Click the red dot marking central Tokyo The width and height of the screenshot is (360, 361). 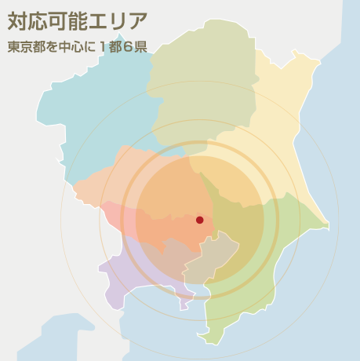click(x=199, y=220)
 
